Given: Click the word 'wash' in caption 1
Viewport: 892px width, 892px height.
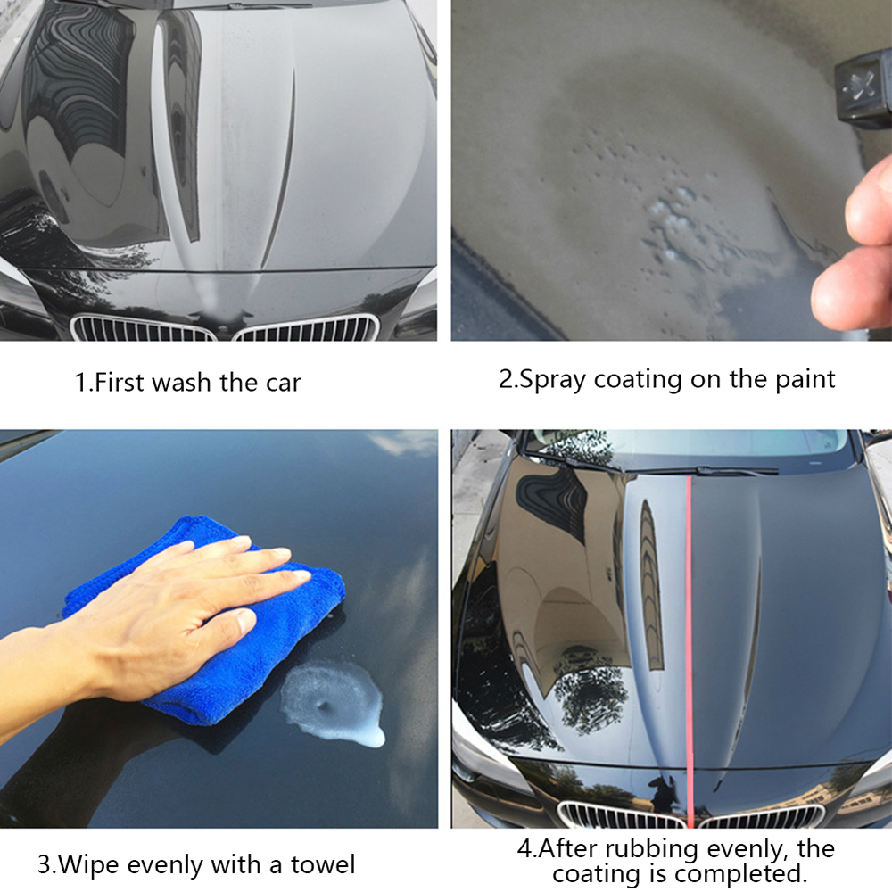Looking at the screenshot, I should (183, 384).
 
